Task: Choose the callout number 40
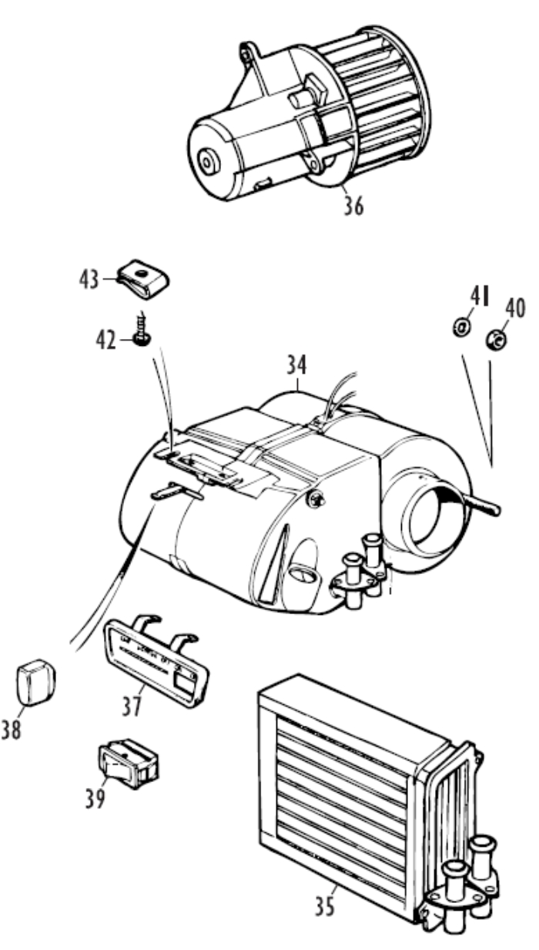[x=514, y=308]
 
